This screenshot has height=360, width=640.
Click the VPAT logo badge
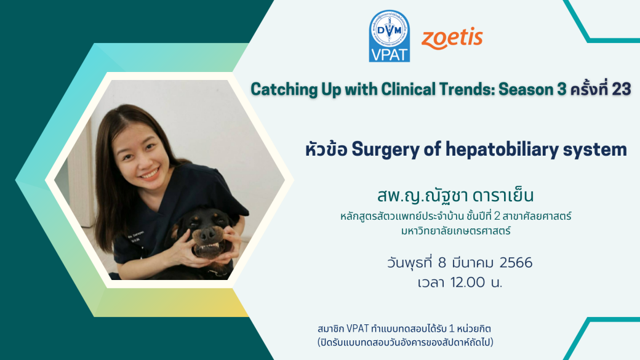pyautogui.click(x=390, y=36)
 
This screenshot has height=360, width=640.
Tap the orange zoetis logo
pyautogui.click(x=452, y=39)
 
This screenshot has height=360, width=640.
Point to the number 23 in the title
pyautogui.click(x=621, y=89)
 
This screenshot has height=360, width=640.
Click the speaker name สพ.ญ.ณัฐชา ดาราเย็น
pyautogui.click(x=455, y=196)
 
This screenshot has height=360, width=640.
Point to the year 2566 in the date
pyautogui.click(x=516, y=262)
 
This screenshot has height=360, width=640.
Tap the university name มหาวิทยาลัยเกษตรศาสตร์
pyautogui.click(x=455, y=231)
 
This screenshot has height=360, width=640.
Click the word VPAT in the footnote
pyautogui.click(x=358, y=329)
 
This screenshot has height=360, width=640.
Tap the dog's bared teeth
pyautogui.click(x=208, y=247)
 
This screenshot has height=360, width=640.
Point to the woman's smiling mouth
pyautogui.click(x=151, y=173)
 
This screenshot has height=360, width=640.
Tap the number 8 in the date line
pyautogui.click(x=442, y=262)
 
